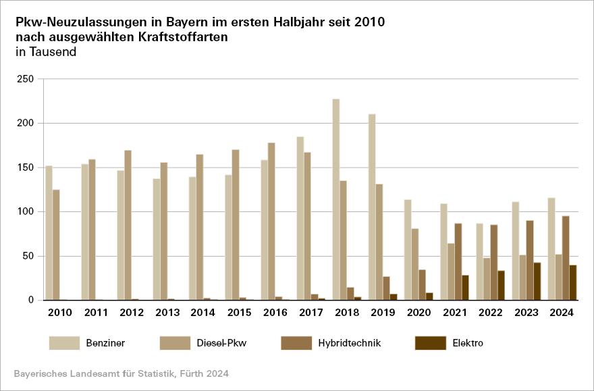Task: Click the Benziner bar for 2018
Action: [x=336, y=199]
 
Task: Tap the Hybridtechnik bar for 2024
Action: [x=566, y=258]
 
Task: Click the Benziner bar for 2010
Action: [x=49, y=232]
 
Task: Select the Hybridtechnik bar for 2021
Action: [x=458, y=261]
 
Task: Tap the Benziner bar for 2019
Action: [x=372, y=207]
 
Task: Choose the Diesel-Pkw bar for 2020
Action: [x=415, y=264]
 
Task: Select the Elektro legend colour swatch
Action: [x=430, y=343]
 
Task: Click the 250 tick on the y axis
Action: [x=25, y=79]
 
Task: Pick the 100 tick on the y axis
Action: [x=25, y=212]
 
